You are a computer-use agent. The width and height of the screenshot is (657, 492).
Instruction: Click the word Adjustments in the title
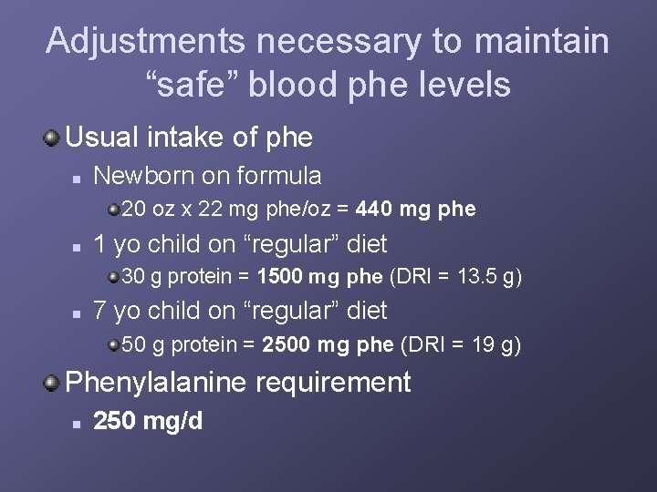coord(145,41)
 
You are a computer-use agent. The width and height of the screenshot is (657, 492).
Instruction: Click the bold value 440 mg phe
coord(416,210)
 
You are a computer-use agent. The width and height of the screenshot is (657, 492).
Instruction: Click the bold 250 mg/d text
coord(149,422)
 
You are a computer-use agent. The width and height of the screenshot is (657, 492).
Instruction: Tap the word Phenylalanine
coord(156,383)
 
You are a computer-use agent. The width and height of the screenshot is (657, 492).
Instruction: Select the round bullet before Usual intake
coord(51,138)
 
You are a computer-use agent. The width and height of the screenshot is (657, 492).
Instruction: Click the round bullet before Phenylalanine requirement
coord(51,383)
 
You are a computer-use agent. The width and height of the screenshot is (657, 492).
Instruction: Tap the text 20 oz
coord(148,210)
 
